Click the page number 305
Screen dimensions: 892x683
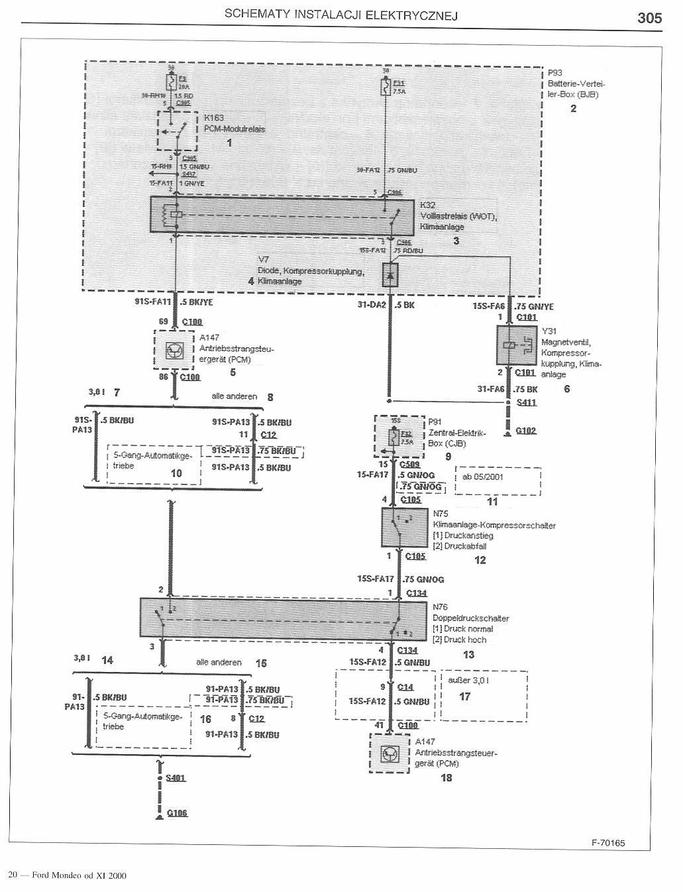tap(649, 18)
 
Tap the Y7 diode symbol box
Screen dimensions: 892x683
tap(390, 274)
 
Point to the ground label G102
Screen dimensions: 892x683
tap(527, 431)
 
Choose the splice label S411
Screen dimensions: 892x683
tap(527, 402)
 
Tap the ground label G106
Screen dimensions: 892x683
tap(177, 813)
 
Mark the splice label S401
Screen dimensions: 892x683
tap(176, 777)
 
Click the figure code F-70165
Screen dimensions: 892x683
tap(608, 844)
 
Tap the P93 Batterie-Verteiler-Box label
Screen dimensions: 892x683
tap(575, 84)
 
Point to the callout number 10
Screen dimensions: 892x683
tap(176, 473)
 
